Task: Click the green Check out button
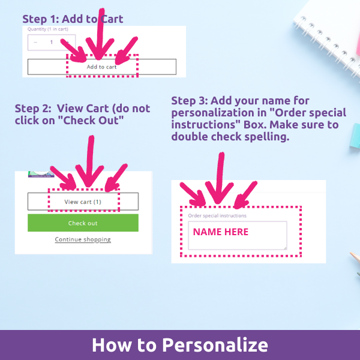pos(83,223)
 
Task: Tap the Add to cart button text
pos(102,67)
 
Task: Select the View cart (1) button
pos(83,202)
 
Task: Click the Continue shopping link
pos(83,239)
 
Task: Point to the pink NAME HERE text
pos(221,232)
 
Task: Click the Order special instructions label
pos(217,215)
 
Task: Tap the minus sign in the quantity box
pos(35,42)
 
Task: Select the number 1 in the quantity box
pos(52,42)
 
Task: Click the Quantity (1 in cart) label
pos(48,29)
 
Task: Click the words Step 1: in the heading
pos(41,19)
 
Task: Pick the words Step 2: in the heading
pos(33,109)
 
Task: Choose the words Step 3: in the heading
pos(190,101)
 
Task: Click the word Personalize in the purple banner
pos(215,345)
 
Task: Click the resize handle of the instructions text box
pos(285,248)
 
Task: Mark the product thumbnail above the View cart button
pos(41,174)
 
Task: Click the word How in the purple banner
pos(112,345)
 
